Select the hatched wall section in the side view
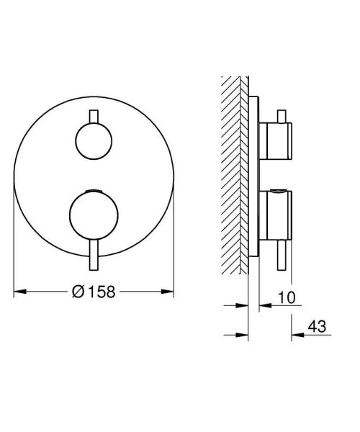(235, 173)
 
